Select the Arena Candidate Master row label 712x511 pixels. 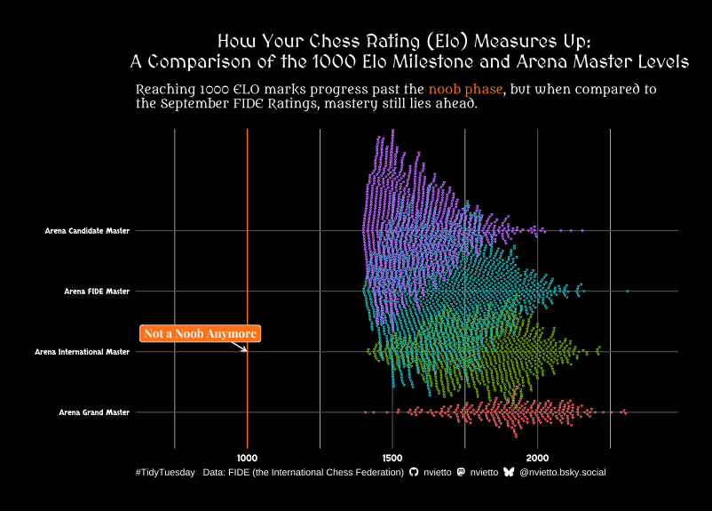coord(87,231)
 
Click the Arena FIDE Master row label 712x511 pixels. coord(97,291)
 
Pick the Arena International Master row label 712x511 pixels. coord(82,352)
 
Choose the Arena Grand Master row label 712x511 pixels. coord(94,412)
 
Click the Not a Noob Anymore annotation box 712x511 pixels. coord(200,333)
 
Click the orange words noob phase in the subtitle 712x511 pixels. coord(465,90)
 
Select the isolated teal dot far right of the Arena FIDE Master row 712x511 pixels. coord(627,291)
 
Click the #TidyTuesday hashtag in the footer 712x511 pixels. coord(165,473)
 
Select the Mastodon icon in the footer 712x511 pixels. coord(460,473)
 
